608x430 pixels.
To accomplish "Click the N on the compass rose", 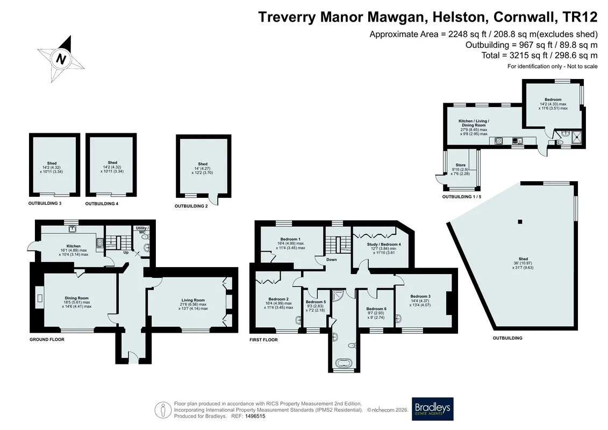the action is click(x=61, y=59).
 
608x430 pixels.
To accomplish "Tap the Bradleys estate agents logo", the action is click(x=432, y=408).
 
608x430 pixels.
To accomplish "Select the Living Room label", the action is click(x=192, y=300).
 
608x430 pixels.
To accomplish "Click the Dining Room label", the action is click(x=76, y=298).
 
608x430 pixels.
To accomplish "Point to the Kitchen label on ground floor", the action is click(x=73, y=246).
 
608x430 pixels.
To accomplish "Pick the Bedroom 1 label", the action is click(x=290, y=239).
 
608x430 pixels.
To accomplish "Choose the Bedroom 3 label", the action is click(x=420, y=296).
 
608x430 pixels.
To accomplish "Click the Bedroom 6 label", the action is click(x=376, y=309).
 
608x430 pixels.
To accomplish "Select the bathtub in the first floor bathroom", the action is click(x=345, y=364).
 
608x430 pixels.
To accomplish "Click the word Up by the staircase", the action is click(x=126, y=253).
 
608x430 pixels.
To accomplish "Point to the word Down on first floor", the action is click(x=332, y=260).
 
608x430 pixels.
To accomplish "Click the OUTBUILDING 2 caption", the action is click(x=191, y=206).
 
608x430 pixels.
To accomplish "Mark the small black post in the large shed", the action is click(x=520, y=222).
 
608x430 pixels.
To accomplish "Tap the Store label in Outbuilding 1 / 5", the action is click(x=461, y=165).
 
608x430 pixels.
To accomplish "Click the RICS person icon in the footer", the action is click(x=163, y=410).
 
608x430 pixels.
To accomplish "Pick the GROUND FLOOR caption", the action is click(x=47, y=339).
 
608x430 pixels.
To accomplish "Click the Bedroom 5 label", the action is click(x=316, y=302).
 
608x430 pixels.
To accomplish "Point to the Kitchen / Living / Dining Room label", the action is click(x=474, y=123).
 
